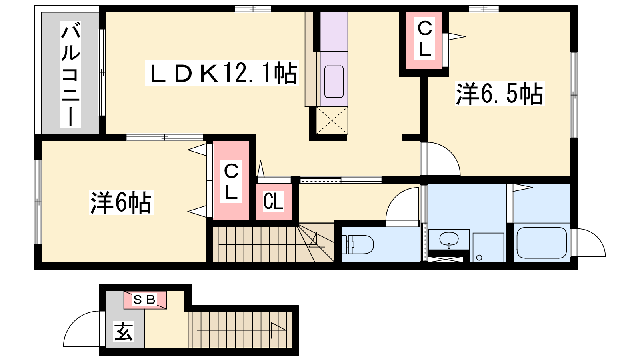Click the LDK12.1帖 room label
click(x=222, y=73)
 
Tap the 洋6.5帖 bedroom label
click(x=500, y=94)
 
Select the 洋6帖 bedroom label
click(x=121, y=202)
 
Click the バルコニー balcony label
click(x=70, y=74)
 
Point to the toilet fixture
click(x=358, y=244)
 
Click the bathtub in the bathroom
click(x=542, y=243)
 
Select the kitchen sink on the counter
click(x=334, y=82)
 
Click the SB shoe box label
click(x=144, y=300)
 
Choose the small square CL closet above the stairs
click(x=274, y=202)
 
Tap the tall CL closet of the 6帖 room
click(x=231, y=180)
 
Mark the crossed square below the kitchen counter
click(x=332, y=120)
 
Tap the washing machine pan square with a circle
click(x=488, y=248)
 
